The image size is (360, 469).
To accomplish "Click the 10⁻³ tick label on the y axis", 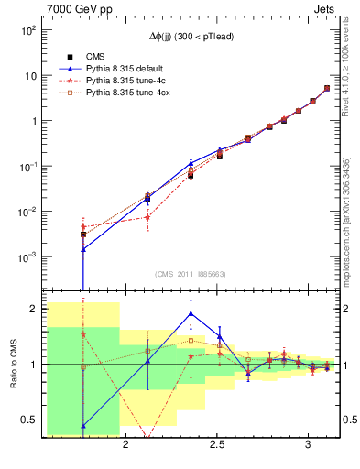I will pyautogui.click(x=28, y=256).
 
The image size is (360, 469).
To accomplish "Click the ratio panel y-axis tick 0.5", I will pyautogui.click(x=30, y=420).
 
